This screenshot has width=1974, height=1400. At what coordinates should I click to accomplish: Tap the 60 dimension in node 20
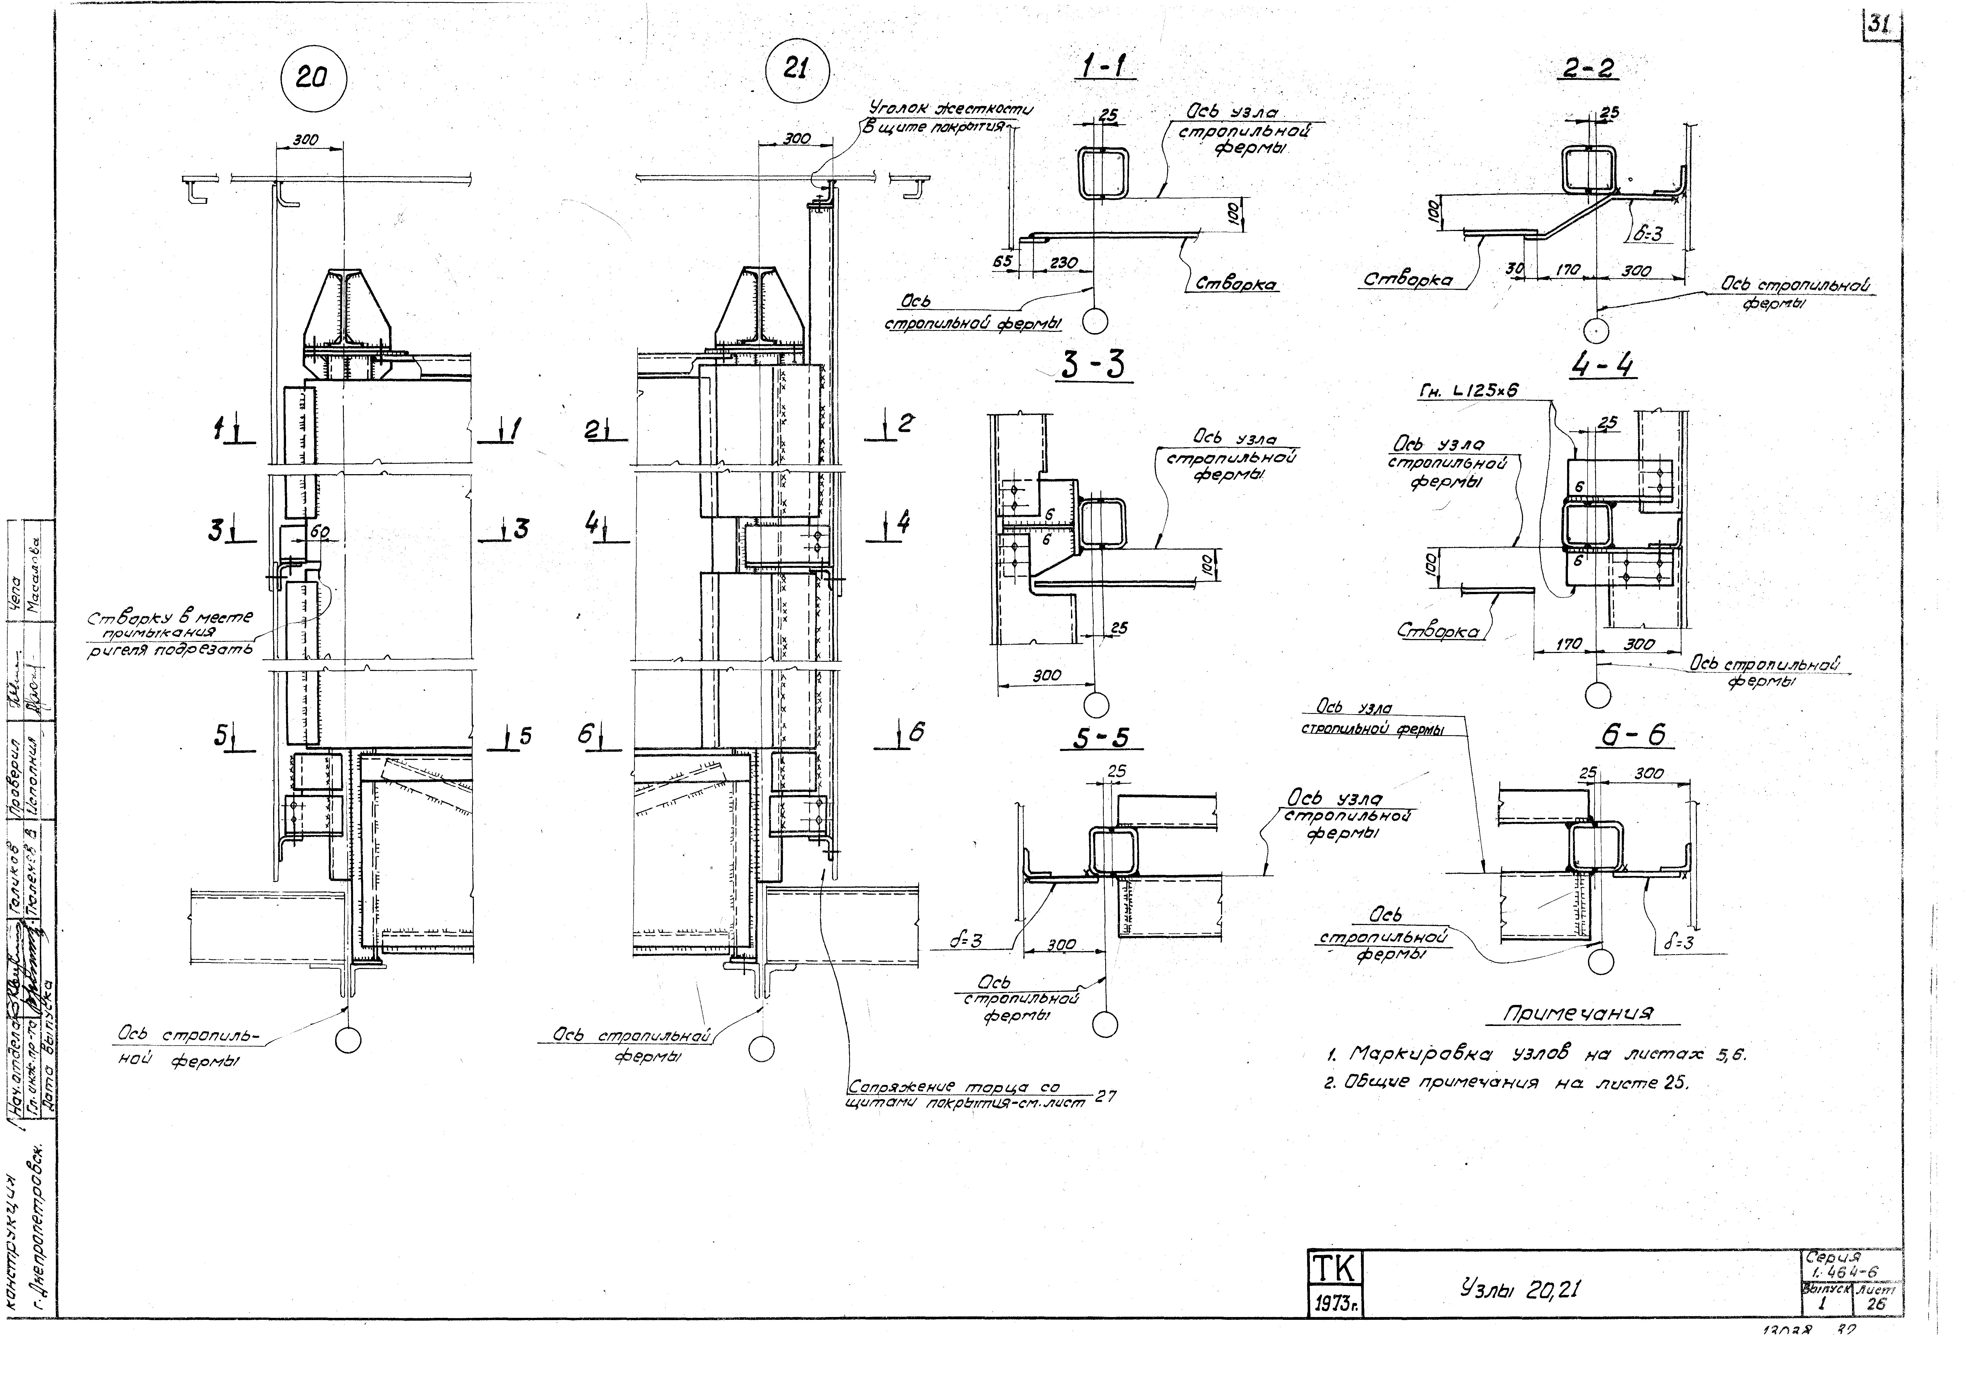click(319, 532)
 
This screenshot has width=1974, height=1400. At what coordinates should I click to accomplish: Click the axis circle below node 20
click(348, 1041)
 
